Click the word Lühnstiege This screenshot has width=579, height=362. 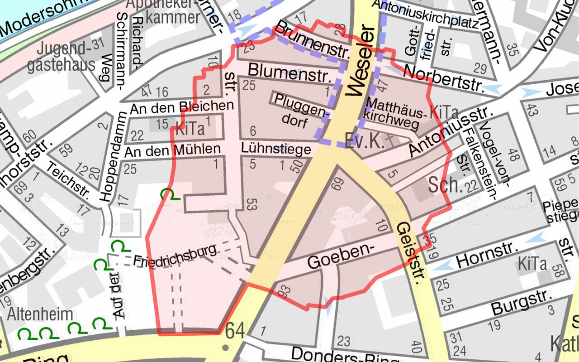click(276, 149)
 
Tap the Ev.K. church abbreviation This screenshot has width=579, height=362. click(364, 141)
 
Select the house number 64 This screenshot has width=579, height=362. click(235, 331)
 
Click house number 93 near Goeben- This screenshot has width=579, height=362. click(284, 292)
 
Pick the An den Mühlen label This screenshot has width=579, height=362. click(172, 149)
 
